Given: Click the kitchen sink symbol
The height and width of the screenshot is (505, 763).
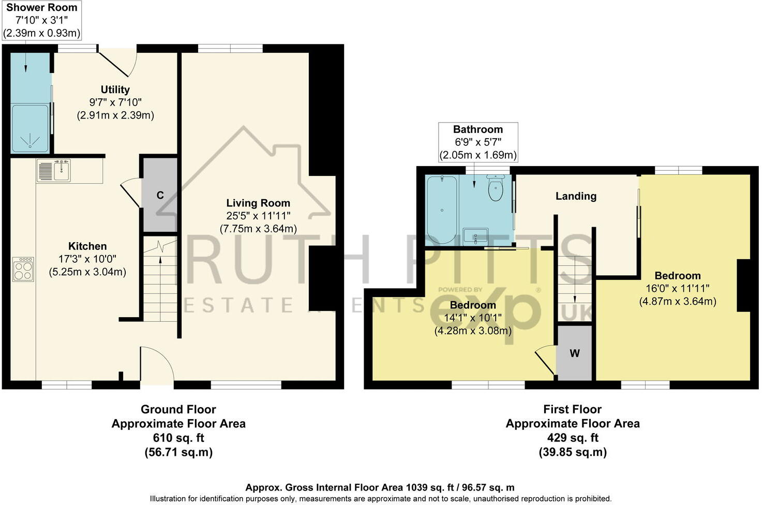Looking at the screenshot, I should (x=54, y=171).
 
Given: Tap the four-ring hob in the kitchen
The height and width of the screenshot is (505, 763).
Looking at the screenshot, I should (x=23, y=269).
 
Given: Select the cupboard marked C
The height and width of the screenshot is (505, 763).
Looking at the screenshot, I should (x=160, y=195).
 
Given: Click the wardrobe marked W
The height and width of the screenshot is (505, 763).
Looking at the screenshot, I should (x=575, y=353).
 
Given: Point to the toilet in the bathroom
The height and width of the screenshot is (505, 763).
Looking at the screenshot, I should (x=496, y=188).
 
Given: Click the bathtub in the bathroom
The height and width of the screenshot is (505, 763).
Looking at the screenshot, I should (x=441, y=210).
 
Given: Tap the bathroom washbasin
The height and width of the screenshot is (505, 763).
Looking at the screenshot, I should (x=475, y=236).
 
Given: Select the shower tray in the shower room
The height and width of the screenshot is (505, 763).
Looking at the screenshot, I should (x=30, y=128).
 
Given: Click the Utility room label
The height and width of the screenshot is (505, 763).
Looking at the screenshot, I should (x=115, y=90).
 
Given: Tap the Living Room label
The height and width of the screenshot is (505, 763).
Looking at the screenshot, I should (x=258, y=203).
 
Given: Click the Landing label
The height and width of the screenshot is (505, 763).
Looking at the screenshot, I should (x=576, y=196).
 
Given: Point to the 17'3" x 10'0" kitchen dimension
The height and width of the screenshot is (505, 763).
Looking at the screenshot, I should (x=87, y=259).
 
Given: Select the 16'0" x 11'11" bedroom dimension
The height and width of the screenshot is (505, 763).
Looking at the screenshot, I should (x=678, y=289).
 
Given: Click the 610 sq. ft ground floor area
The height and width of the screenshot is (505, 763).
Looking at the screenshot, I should (x=178, y=438).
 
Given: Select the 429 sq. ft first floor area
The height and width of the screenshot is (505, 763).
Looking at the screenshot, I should (x=573, y=438).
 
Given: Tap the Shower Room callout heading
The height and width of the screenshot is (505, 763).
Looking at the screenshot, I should (x=41, y=8).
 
